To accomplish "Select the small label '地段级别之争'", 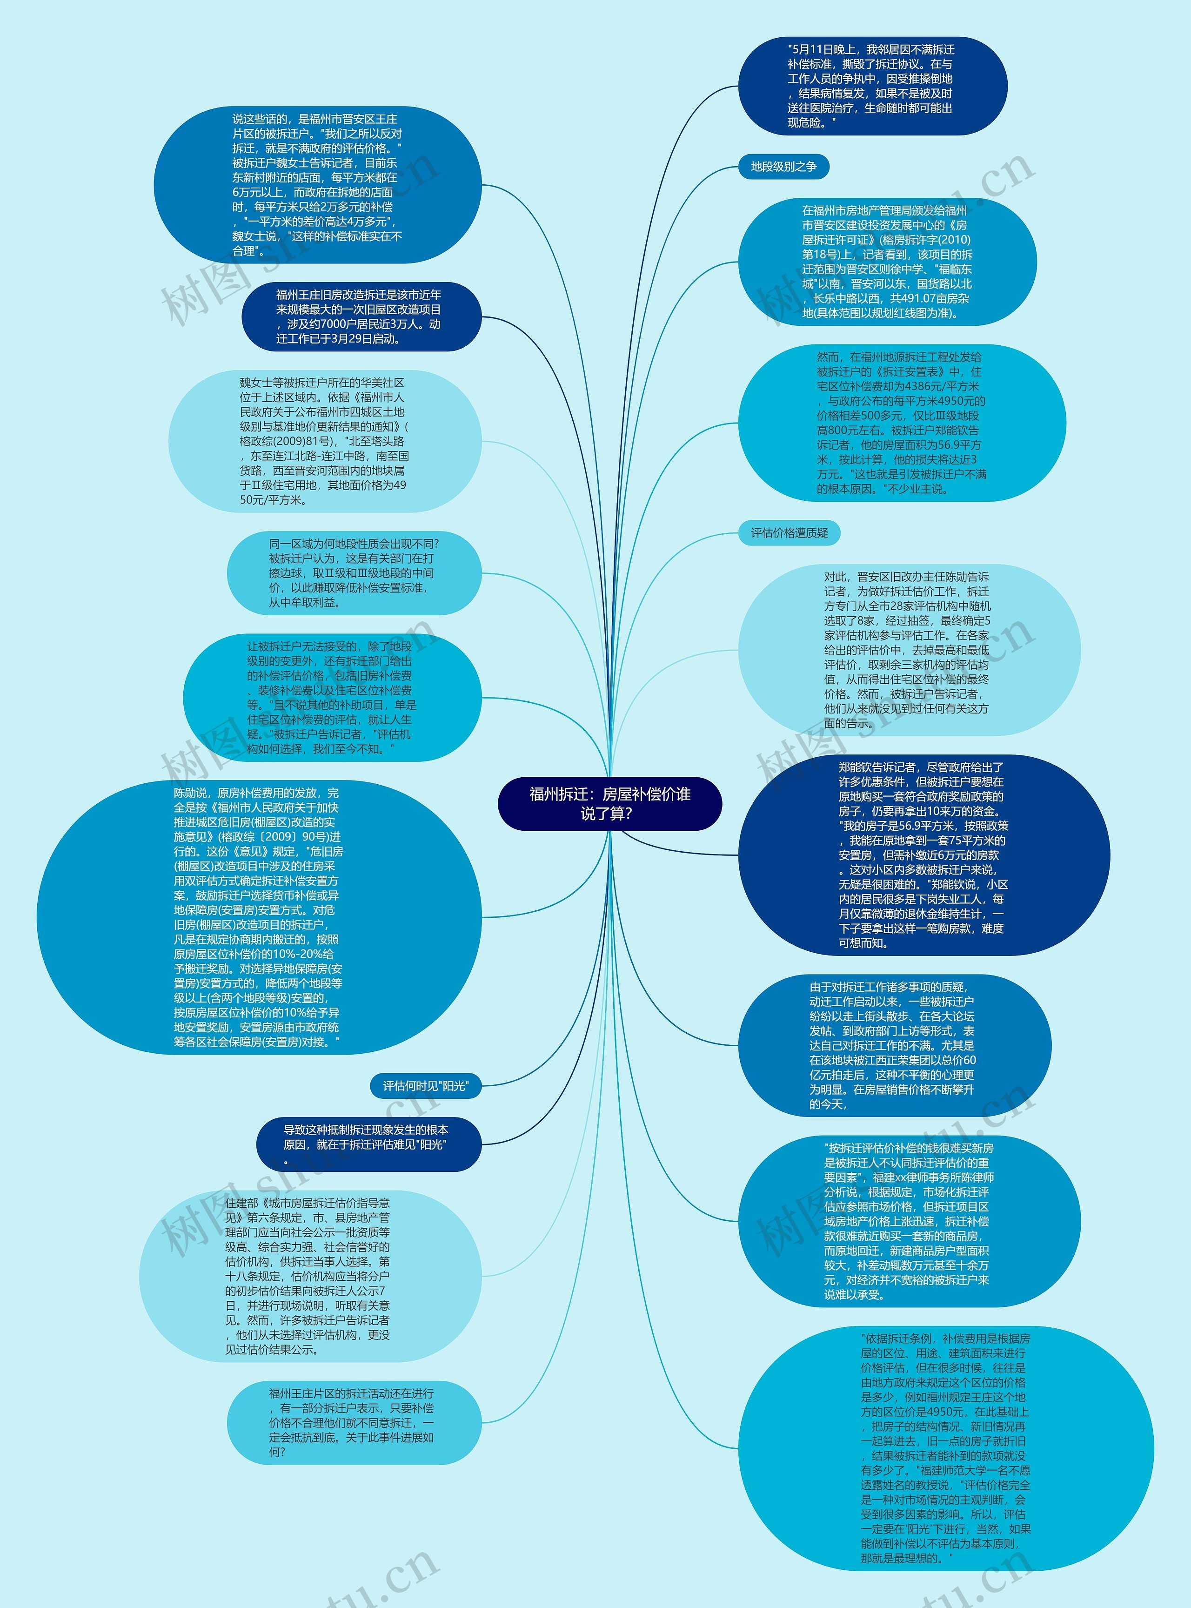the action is click(x=783, y=167).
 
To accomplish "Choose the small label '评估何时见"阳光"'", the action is click(x=425, y=1086).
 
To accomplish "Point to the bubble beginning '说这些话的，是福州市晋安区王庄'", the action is click(x=317, y=185).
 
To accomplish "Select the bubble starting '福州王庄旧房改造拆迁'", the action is click(x=361, y=316).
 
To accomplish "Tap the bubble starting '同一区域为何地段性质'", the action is click(x=353, y=572).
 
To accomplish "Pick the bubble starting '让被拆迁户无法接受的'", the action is click(x=332, y=697).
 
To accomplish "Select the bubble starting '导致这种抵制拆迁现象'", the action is click(x=368, y=1144).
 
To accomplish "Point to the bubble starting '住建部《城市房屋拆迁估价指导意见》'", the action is click(x=310, y=1276).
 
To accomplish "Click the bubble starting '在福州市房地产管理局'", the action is click(x=887, y=262).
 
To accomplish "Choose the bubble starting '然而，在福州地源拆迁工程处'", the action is click(x=901, y=423).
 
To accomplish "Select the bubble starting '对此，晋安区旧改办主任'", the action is click(x=909, y=650).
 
